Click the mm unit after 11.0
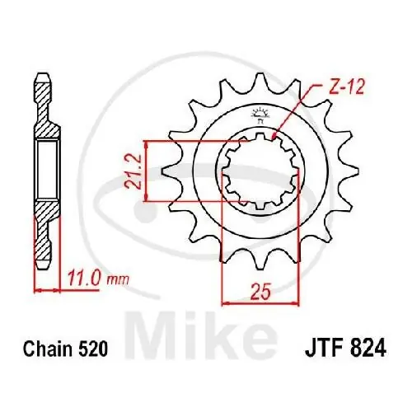coord(119,281)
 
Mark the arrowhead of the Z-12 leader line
coord(275,131)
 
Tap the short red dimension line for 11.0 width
coord(47,290)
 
